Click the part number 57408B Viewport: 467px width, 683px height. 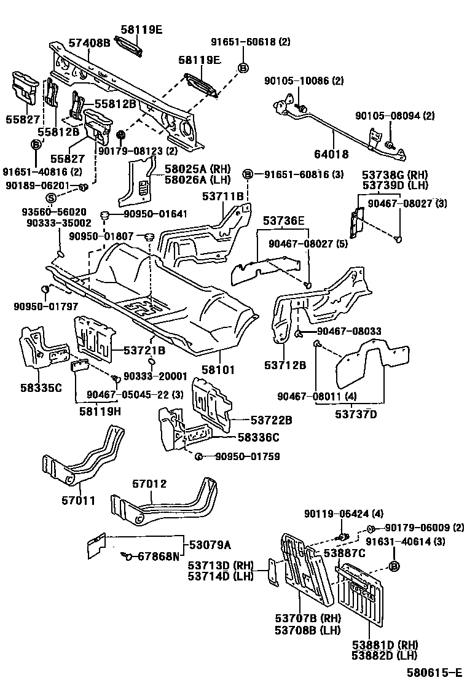coord(89,42)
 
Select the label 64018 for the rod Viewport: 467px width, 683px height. coord(331,154)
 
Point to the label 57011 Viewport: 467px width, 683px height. coord(78,501)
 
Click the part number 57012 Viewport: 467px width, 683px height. coord(149,484)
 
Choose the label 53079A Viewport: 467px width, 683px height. coord(210,545)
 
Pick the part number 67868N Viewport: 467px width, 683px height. coord(158,556)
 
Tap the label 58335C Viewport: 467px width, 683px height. coord(41,387)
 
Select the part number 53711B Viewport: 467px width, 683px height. coord(224,196)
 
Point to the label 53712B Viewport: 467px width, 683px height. coord(286,366)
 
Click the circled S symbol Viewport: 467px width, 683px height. coord(52,197)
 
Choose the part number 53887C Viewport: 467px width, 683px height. coord(345,553)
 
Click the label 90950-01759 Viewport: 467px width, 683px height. coord(247,456)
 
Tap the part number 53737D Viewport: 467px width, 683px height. coord(356,414)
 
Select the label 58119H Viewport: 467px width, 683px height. coord(100,411)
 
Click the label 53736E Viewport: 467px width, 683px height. coord(284,221)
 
